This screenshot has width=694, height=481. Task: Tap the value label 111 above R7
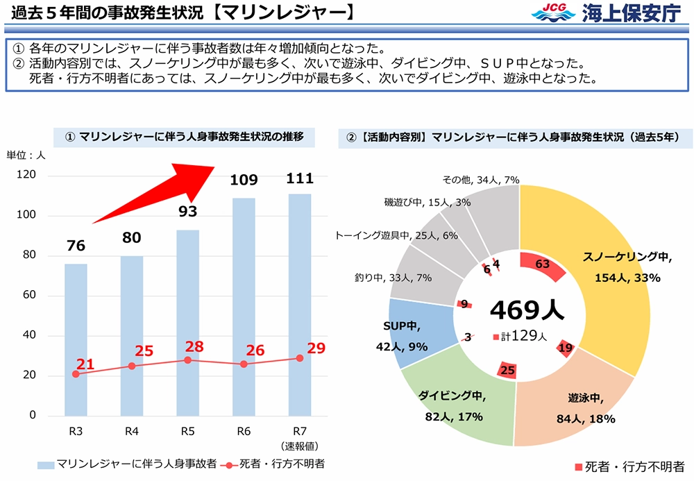tap(299, 179)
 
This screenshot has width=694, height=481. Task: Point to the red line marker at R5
tap(187, 360)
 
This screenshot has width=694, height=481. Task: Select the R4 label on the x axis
tap(132, 432)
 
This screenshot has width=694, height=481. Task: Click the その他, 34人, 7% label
tap(481, 180)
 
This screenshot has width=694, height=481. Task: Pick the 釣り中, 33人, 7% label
tap(393, 278)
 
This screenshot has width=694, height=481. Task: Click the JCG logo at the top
tap(552, 12)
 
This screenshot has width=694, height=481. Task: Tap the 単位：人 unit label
tap(26, 155)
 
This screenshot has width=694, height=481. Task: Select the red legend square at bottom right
tap(577, 466)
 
